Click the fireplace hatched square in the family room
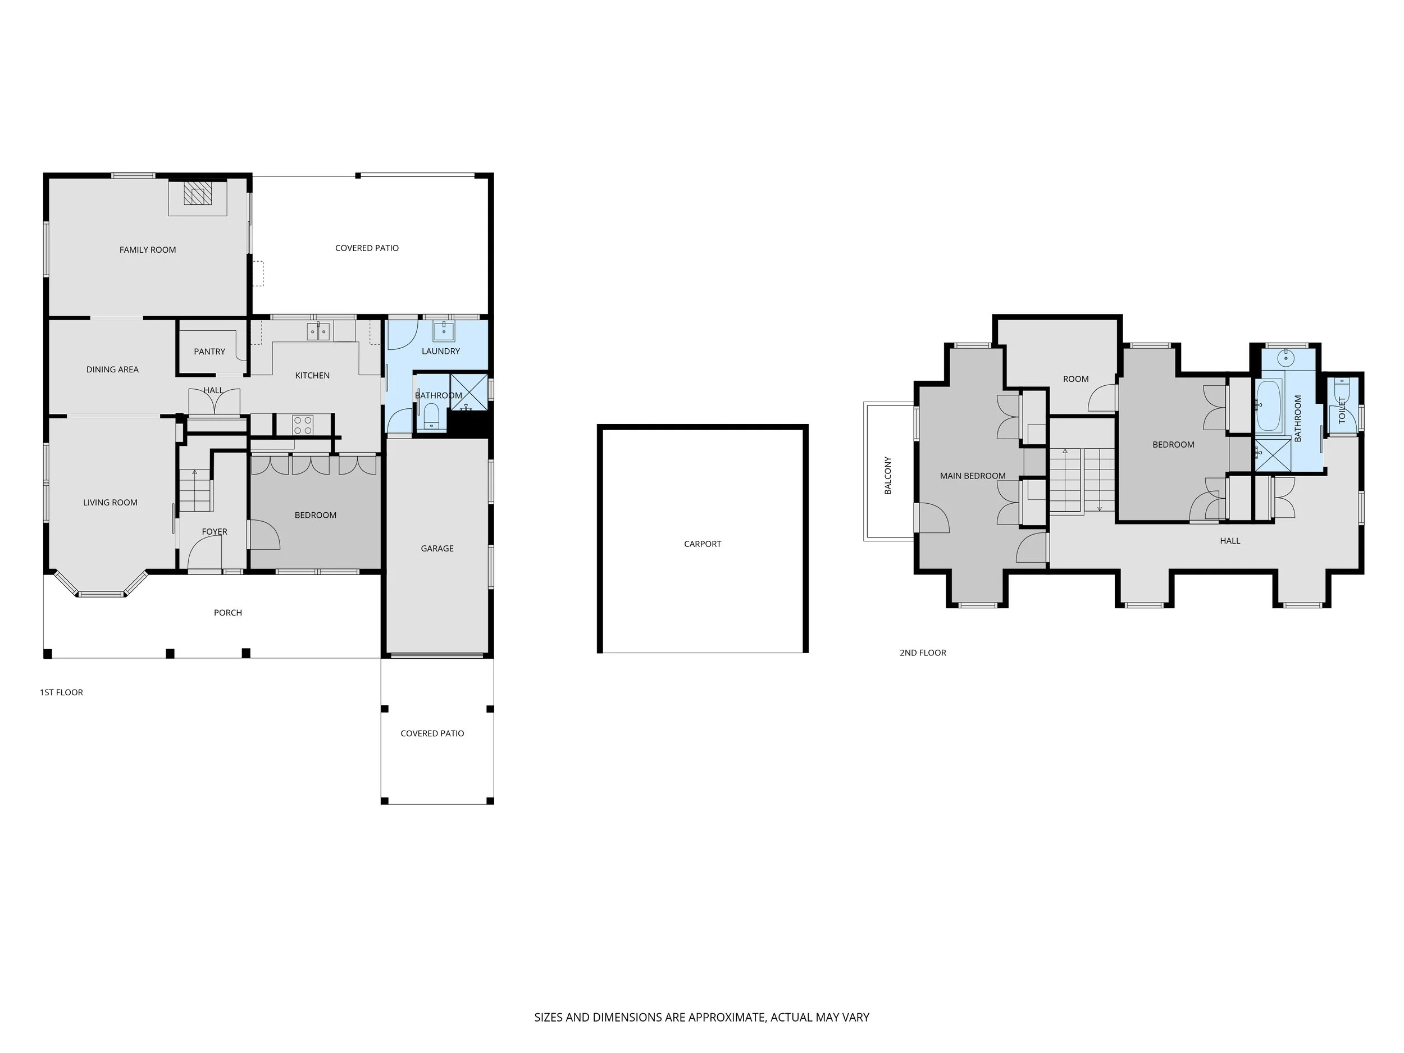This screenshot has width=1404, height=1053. pos(197,194)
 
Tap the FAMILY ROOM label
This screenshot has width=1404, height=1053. pos(147,250)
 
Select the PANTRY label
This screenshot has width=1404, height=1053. pos(209,352)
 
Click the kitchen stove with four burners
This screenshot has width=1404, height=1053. pos(303,425)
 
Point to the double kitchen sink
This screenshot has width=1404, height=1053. pos(318,331)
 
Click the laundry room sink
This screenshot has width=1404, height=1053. pos(444,331)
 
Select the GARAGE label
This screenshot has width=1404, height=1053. pos(437,548)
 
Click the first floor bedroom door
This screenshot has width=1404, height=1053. pos(263,535)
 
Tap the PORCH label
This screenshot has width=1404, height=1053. pos(228,613)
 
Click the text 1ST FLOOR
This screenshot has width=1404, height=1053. pos(62,692)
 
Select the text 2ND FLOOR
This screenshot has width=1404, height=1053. pos(922,653)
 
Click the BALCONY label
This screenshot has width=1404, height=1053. pos(888,476)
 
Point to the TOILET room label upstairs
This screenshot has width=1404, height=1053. pos(1342,410)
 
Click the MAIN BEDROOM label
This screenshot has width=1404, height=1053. pos(972,476)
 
